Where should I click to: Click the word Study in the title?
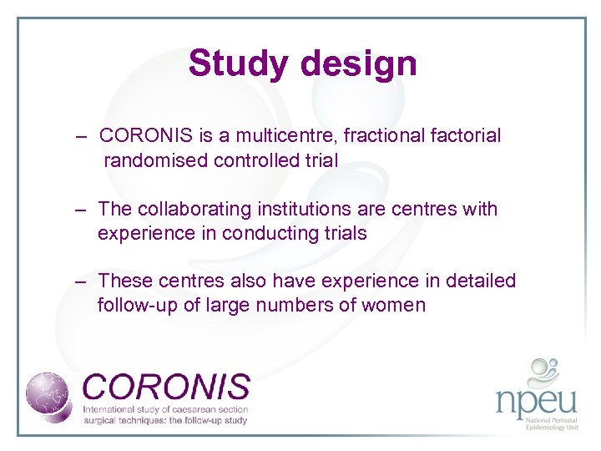coord(240,63)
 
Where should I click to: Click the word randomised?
coord(156,160)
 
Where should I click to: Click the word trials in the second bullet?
coord(342,233)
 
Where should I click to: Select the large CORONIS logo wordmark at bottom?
coord(166,387)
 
